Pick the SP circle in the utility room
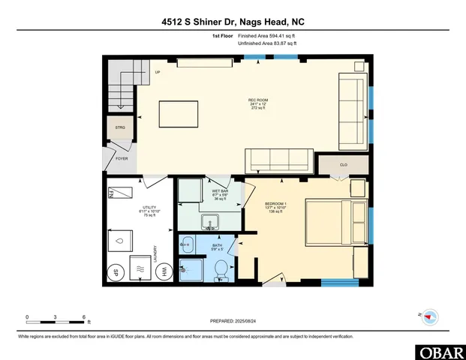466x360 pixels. click(x=116, y=272)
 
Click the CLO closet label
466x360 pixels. click(x=343, y=164)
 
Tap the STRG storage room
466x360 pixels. click(x=120, y=128)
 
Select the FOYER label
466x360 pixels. click(x=121, y=159)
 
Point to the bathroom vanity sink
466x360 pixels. click(x=187, y=244)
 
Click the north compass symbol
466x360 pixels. click(x=429, y=316)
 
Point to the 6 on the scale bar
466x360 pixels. click(x=84, y=316)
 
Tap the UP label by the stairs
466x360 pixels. click(x=158, y=72)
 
